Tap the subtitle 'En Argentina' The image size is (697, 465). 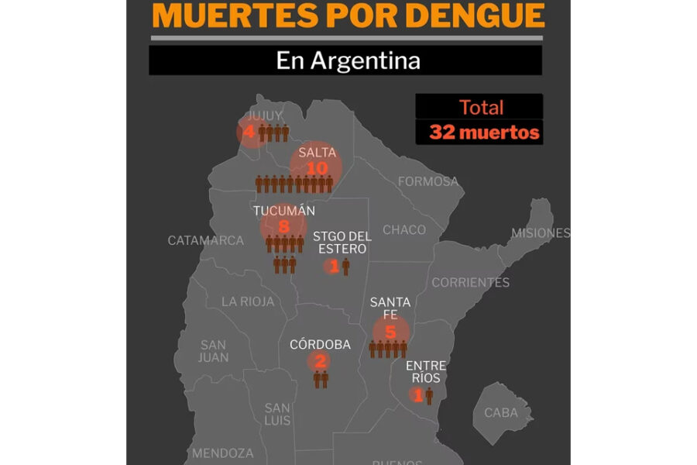pyautogui.click(x=348, y=60)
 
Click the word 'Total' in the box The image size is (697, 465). pyautogui.click(x=481, y=107)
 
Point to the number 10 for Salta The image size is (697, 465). pyautogui.click(x=317, y=167)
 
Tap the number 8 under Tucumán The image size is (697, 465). pyautogui.click(x=283, y=226)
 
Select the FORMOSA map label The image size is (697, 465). pyautogui.click(x=427, y=181)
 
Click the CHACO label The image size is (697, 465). pyautogui.click(x=404, y=229)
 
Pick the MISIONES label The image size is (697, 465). pyautogui.click(x=541, y=232)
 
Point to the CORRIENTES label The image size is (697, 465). pyautogui.click(x=470, y=282)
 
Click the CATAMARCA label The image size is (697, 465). pyautogui.click(x=206, y=240)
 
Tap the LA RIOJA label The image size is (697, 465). pyautogui.click(x=248, y=301)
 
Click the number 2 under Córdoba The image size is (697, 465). pyautogui.click(x=320, y=360)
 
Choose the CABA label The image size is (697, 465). pyautogui.click(x=501, y=412)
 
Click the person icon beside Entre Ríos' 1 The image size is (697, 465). pyautogui.click(x=429, y=395)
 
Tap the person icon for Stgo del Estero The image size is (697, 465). pyautogui.click(x=345, y=267)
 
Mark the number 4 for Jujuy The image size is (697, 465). pyautogui.click(x=249, y=133)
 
